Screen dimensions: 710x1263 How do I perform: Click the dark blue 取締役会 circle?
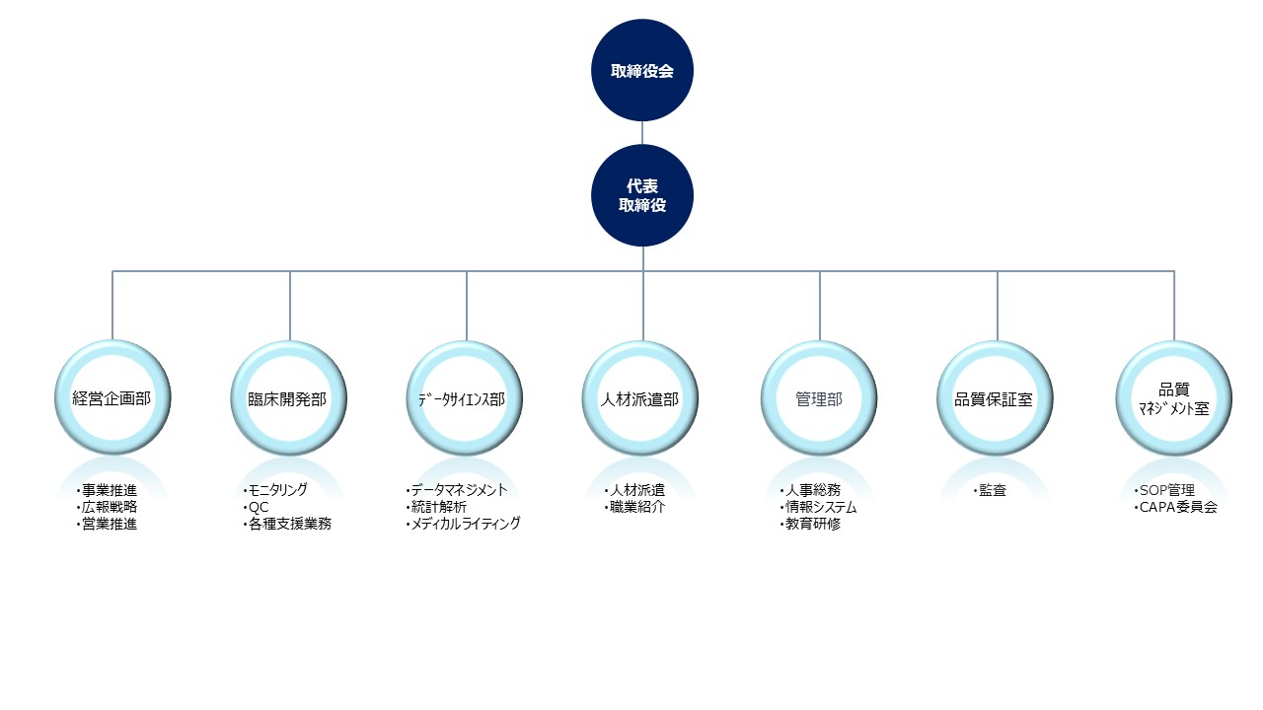click(642, 72)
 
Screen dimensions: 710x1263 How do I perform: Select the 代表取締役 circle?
click(642, 195)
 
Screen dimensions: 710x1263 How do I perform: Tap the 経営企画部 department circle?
click(112, 398)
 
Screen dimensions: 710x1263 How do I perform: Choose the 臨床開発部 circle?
click(289, 398)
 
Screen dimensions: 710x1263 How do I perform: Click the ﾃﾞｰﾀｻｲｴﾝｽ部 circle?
click(466, 398)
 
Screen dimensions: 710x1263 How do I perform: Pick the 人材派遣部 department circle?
click(642, 398)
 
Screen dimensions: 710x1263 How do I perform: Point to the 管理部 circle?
click(819, 398)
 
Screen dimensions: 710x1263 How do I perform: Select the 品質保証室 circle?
click(996, 398)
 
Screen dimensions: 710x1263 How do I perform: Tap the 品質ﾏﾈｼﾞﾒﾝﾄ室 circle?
click(1173, 398)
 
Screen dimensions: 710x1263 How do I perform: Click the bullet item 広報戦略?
click(108, 507)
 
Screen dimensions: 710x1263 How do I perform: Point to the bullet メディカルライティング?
click(464, 524)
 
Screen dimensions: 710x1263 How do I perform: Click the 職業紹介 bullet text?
click(637, 507)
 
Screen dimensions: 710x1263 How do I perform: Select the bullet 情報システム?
click(820, 507)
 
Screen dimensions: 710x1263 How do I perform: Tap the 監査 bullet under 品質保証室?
click(992, 490)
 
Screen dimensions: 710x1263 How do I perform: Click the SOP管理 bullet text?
click(1166, 490)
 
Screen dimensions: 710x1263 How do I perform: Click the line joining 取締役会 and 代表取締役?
click(642, 133)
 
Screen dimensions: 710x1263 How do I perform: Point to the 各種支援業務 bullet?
click(290, 524)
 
